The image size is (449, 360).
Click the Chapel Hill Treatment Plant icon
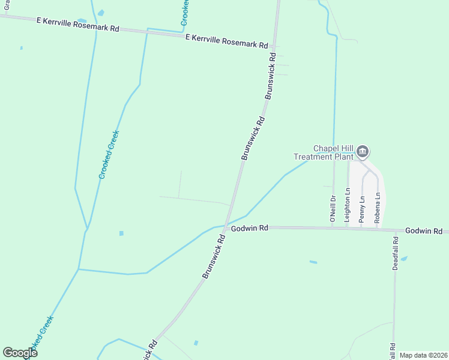pos(363,152)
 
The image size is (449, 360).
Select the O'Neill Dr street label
pos(333,209)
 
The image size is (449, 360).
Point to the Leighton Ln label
pos(347,206)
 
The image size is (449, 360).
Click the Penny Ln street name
pos(361,209)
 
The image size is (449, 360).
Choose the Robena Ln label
pos(377,208)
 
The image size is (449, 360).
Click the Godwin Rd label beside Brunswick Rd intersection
pos(249,228)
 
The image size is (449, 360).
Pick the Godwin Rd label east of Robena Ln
pos(423,231)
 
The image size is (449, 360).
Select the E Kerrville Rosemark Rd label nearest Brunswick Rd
pos(226,41)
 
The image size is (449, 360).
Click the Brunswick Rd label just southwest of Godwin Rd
pos(214,256)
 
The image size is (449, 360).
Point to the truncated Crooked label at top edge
pos(185,13)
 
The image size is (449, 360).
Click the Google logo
pos(20,353)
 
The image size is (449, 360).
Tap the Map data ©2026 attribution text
pos(423,355)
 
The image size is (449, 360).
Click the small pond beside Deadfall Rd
pos(403,259)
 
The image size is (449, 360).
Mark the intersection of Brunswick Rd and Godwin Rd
pos(224,228)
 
